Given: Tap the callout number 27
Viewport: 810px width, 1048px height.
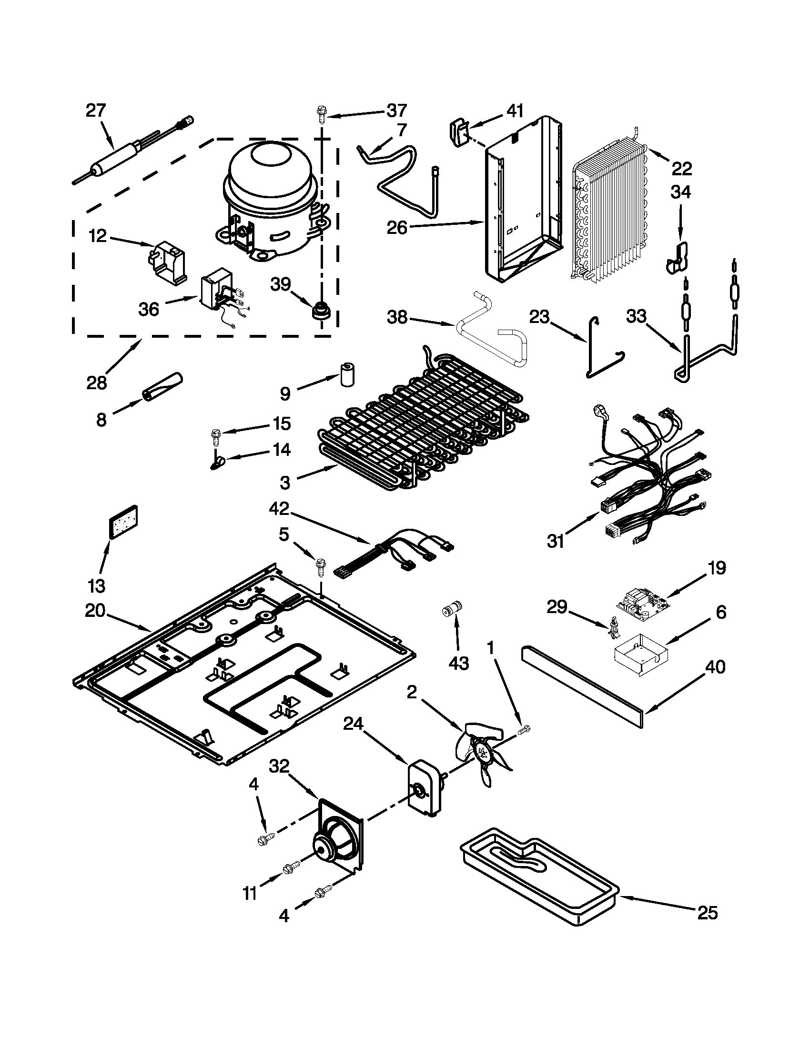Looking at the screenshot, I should [x=95, y=111].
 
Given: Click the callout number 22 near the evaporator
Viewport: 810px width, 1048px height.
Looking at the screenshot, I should [x=681, y=169].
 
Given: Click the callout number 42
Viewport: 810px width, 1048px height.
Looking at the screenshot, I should [x=279, y=508].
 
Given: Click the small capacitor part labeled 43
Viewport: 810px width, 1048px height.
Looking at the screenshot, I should [x=451, y=609].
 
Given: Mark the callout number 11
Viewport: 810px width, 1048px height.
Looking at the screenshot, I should [x=250, y=894].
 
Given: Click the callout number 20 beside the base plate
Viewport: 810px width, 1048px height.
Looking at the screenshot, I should [x=95, y=611].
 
